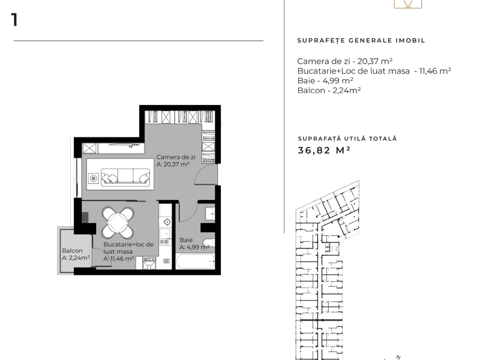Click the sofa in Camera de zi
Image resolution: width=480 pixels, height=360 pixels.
125,176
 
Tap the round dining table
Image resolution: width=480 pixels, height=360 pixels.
118,223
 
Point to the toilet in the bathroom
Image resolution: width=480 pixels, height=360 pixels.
209,242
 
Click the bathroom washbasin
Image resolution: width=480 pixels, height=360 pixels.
210,214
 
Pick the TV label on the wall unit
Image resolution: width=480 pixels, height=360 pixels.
131,147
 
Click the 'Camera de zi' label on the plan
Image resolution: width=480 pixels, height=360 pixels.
176,157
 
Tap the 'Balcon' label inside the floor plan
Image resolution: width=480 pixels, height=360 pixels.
72,250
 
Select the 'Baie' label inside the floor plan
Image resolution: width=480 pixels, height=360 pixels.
186,240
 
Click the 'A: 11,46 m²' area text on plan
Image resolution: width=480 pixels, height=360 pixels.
118,259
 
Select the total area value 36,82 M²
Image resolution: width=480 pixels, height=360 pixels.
324,151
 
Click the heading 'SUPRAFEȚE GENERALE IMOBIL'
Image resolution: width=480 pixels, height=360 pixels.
361,40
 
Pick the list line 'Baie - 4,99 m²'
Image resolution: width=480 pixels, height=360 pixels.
325,80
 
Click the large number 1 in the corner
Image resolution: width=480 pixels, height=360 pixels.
14,20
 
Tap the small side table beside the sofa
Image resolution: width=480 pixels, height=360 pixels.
94,178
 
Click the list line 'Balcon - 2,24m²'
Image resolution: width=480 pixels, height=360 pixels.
329,91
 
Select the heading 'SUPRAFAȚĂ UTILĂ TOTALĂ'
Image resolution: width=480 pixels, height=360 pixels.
347,139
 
